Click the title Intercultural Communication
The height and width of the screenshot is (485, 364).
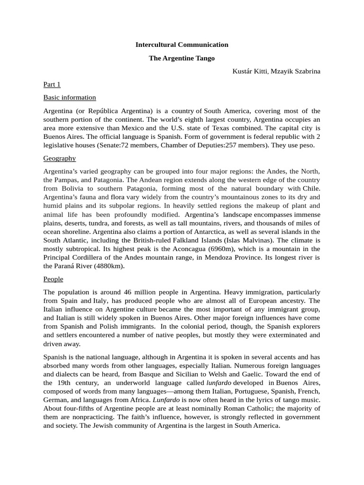click(182, 45)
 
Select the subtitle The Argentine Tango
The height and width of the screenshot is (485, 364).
click(182, 58)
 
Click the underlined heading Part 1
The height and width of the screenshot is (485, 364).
click(52, 85)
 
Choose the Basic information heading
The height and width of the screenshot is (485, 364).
click(70, 98)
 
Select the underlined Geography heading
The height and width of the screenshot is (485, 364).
click(60, 158)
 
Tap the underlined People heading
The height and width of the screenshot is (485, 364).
click(53, 279)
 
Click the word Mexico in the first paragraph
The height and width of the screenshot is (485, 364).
click(133, 128)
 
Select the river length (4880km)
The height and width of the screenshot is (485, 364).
click(109, 266)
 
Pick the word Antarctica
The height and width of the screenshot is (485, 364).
click(199, 232)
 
